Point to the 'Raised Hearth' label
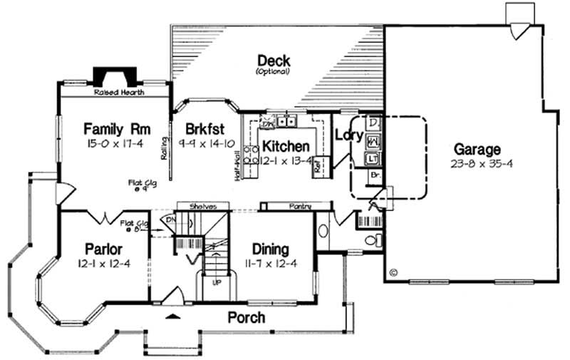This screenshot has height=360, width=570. click(x=119, y=93)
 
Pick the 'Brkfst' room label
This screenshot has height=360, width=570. click(x=205, y=129)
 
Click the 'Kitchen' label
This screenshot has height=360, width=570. click(x=285, y=146)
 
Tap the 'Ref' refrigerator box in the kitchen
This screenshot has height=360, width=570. click(x=320, y=164)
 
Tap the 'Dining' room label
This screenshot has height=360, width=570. click(x=271, y=249)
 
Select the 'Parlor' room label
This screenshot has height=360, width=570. click(x=104, y=249)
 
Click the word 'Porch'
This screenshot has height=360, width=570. click(x=247, y=317)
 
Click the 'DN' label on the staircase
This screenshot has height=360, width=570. click(x=168, y=220)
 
